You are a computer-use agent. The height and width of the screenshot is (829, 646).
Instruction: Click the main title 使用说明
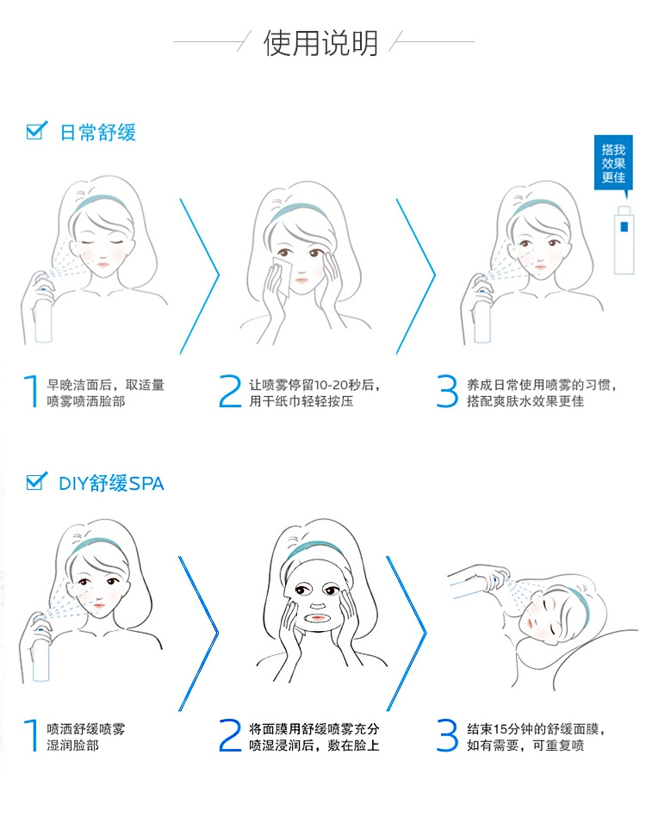(320, 43)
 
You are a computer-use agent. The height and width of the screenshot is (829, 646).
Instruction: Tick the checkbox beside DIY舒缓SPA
(36, 481)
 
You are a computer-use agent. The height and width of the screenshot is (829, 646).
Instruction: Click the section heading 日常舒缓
(98, 133)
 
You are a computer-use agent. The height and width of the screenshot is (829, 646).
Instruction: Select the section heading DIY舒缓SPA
(111, 483)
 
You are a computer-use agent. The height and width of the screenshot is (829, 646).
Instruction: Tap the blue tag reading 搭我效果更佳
(613, 164)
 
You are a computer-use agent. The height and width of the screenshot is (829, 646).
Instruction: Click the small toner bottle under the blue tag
(624, 240)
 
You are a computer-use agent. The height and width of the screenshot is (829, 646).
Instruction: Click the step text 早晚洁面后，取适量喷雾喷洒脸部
(105, 393)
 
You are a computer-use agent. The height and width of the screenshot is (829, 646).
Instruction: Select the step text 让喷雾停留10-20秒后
(314, 385)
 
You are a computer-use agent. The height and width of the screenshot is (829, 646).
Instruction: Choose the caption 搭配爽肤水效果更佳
(525, 401)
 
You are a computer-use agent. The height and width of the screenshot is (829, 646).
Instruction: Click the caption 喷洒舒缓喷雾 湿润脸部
(86, 737)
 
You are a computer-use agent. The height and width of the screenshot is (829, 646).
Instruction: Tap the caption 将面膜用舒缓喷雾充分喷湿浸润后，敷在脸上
(314, 737)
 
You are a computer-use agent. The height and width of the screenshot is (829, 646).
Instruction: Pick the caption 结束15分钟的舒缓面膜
(535, 730)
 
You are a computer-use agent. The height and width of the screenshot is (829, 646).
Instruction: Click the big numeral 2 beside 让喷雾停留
(230, 392)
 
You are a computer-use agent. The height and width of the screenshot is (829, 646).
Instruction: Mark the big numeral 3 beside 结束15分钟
(447, 735)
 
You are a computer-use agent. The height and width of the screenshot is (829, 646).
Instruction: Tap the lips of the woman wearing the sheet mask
(318, 617)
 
